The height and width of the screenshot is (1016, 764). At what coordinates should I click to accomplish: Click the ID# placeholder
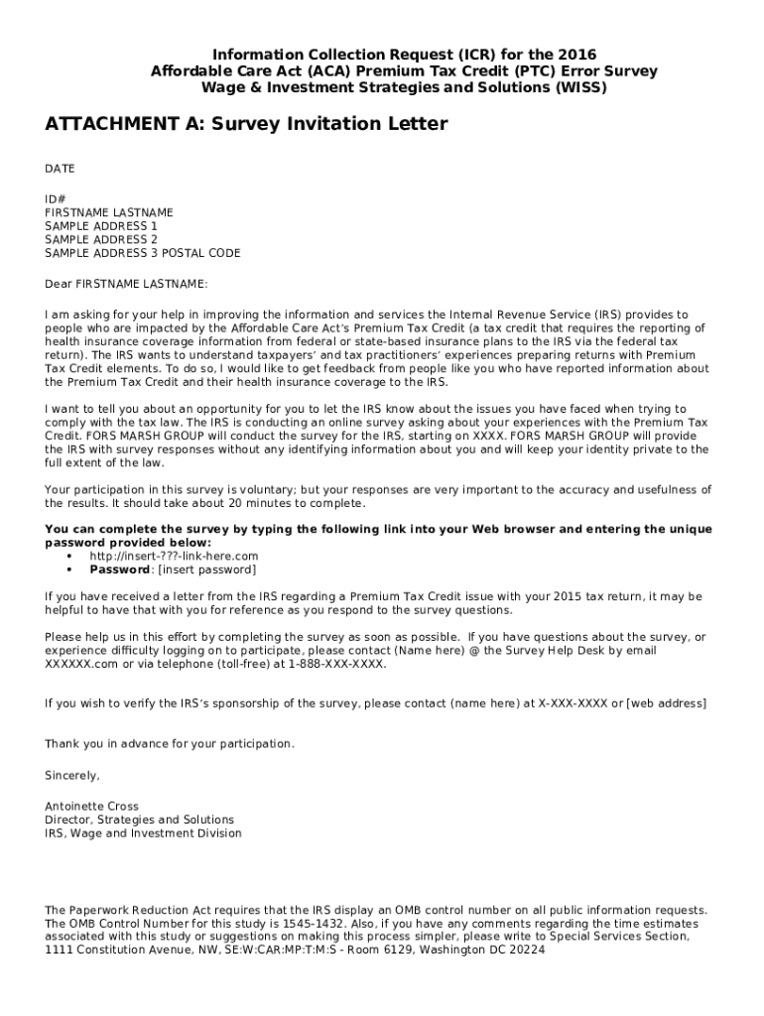click(56, 198)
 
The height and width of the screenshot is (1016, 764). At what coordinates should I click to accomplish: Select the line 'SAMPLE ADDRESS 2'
click(101, 239)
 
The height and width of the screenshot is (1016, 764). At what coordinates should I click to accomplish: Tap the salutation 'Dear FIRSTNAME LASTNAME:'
click(126, 284)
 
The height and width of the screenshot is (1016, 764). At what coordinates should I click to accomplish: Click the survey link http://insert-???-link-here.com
click(174, 557)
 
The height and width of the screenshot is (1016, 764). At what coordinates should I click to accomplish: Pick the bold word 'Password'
click(118, 570)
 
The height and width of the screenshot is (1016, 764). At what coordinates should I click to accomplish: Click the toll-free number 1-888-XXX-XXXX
click(337, 664)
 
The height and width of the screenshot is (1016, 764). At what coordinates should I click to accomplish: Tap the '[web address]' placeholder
click(666, 703)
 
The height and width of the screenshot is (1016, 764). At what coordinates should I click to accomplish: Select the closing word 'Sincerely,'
click(72, 774)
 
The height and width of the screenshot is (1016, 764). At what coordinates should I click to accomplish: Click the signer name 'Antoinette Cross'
click(91, 807)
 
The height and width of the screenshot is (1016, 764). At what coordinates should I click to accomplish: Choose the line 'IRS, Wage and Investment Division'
click(143, 833)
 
